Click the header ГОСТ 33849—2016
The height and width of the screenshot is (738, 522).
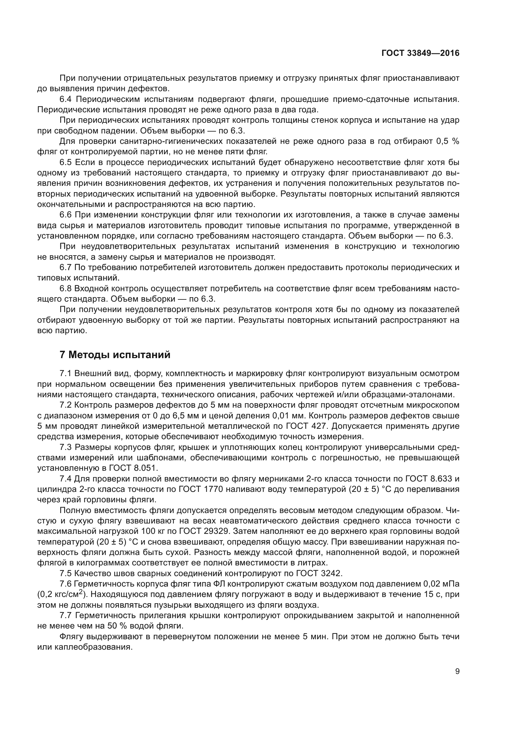click(x=420, y=53)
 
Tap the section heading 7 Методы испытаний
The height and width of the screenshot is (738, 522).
click(x=115, y=355)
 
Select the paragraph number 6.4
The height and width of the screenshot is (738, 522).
click(x=66, y=99)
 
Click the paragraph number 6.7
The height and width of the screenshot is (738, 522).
click(x=66, y=268)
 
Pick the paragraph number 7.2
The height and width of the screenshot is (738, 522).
click(x=66, y=405)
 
